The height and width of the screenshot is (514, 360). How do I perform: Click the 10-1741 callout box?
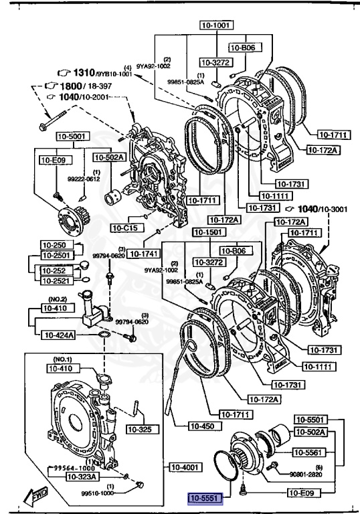pos(143,254)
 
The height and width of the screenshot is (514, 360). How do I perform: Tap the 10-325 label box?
pos(139,429)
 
